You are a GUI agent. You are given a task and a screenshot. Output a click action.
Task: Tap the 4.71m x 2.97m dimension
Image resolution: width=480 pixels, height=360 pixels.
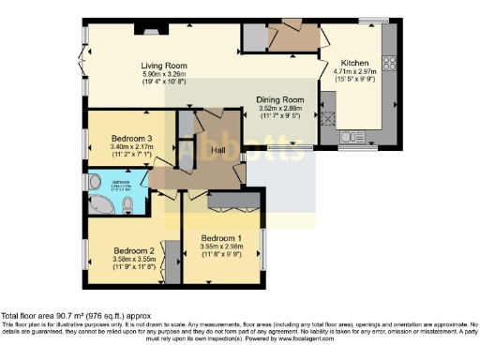coord(354,71)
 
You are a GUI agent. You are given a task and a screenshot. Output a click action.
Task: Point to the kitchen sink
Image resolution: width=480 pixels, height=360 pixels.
coord(329,119)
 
